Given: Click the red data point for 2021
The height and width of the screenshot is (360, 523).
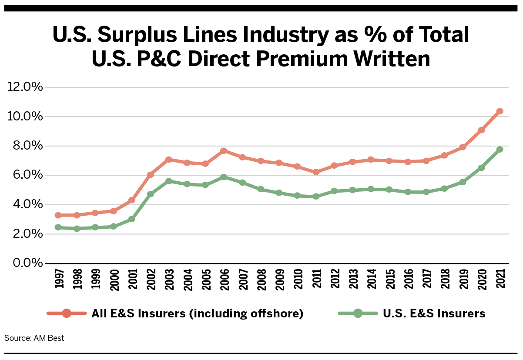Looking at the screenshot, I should [500, 111].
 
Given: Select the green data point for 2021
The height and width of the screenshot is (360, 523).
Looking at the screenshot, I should [500, 149].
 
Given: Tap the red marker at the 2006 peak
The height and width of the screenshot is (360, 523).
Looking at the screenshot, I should [224, 151].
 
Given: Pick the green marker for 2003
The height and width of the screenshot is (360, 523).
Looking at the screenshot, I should [168, 181].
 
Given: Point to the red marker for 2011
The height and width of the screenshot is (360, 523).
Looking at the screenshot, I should [316, 172].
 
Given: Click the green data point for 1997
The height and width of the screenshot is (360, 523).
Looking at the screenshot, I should [58, 227].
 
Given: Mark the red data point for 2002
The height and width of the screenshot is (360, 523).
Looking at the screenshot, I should [150, 175].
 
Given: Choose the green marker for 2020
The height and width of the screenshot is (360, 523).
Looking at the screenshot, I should [482, 167].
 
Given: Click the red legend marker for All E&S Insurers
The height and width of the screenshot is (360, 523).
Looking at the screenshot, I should [67, 313].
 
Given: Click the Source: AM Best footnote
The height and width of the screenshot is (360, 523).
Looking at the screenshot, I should [34, 338].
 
